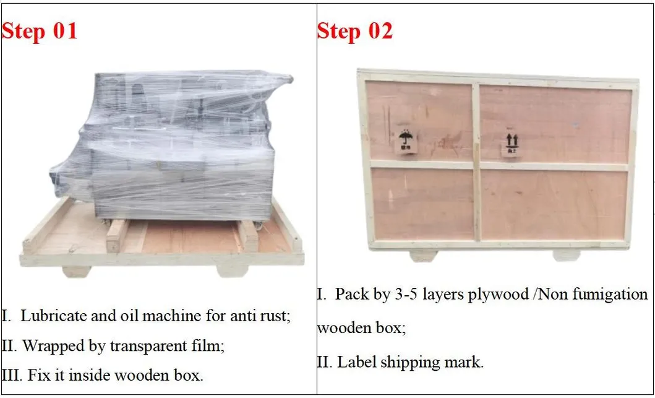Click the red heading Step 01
click(x=40, y=31)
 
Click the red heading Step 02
click(x=355, y=31)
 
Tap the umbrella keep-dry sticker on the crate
click(x=406, y=142)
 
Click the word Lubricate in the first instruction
click(x=54, y=316)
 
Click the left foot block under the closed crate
click(x=423, y=255)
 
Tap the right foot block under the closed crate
click(x=566, y=255)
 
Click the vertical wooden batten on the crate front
click(x=476, y=161)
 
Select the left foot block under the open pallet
click(x=77, y=271)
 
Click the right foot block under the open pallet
click(x=233, y=270)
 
